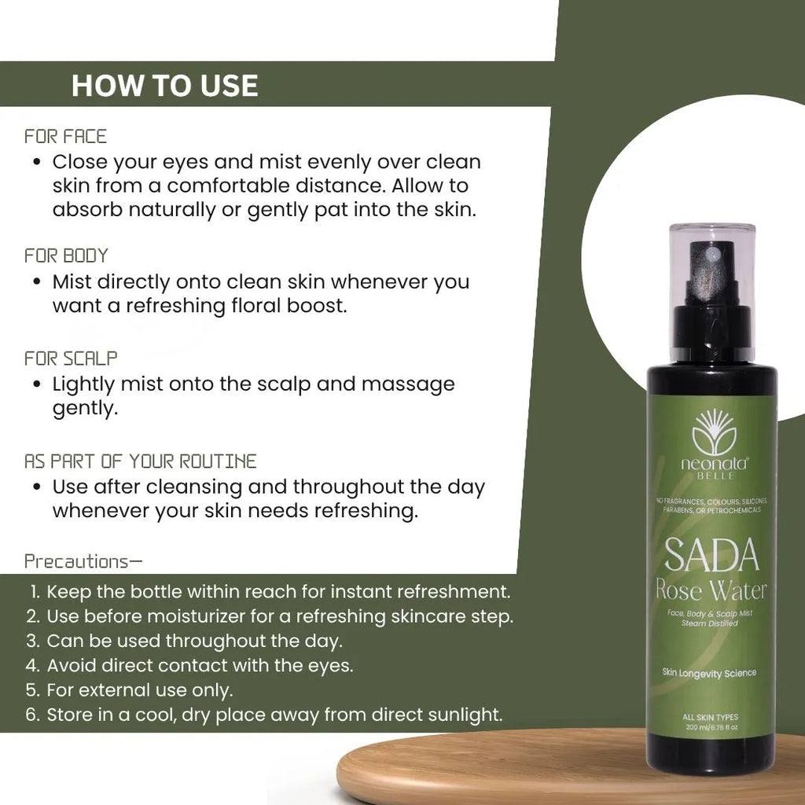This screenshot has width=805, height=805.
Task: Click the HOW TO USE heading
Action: coord(165,85)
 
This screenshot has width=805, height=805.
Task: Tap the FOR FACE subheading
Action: coord(66,137)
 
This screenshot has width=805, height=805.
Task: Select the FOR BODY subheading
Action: coord(66,255)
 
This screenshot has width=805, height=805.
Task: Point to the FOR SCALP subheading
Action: coord(71,358)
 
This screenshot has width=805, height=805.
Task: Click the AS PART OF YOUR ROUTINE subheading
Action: coord(141,461)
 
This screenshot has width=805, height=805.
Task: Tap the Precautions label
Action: coord(83,561)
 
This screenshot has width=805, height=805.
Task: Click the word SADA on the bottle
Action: coord(711,555)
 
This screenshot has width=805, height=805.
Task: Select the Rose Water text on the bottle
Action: coord(711,590)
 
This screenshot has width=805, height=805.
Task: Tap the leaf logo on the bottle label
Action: coord(714,432)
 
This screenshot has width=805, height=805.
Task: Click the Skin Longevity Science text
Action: coord(709,673)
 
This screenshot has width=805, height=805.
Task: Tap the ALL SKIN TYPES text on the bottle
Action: coord(710,717)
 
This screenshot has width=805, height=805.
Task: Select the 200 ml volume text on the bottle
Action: coord(711,727)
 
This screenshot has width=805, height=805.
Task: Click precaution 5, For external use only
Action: coord(130,690)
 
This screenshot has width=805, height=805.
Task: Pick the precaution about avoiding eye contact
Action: coord(189,665)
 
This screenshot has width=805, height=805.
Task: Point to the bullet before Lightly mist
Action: coord(36,384)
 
